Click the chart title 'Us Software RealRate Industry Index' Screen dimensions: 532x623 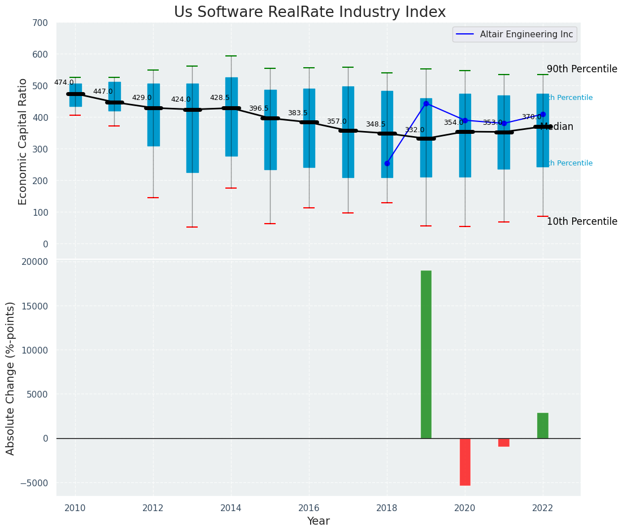coord(310,12)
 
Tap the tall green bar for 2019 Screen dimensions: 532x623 coord(426,354)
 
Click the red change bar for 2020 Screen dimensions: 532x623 coord(465,461)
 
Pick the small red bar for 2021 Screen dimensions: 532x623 coord(504,442)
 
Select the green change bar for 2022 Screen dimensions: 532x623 coord(543,425)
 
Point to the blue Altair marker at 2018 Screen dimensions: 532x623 coord(387,163)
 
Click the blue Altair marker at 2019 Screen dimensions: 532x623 coord(426,104)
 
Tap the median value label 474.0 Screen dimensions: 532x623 coord(64,82)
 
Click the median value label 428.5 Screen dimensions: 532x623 coord(220,98)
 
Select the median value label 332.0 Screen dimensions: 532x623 coord(415,130)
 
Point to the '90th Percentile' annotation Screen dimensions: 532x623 coord(582,69)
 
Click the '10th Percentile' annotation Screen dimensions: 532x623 coord(582,221)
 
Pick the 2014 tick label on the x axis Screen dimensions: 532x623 coord(231,508)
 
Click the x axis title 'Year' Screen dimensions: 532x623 coord(319,521)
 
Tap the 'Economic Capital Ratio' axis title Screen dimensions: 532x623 coord(23,141)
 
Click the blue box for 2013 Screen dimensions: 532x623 coord(192,128)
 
